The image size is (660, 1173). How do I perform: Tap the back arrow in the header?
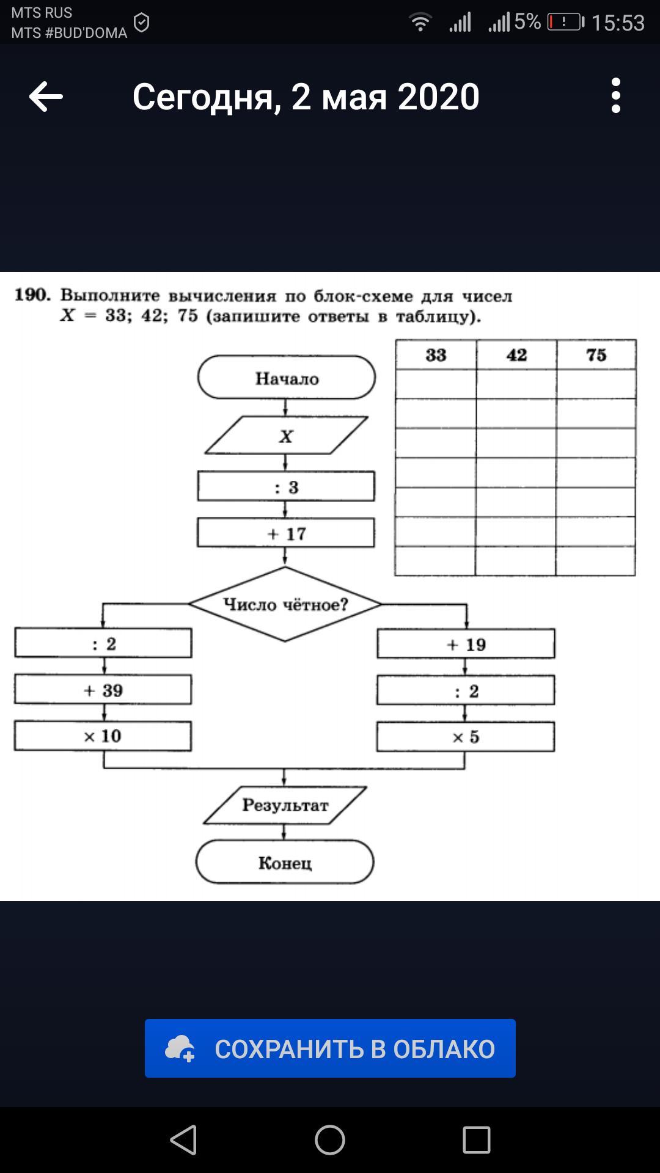point(46,97)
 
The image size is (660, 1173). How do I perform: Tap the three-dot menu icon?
point(615,95)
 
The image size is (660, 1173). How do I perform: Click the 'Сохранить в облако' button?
point(330,1048)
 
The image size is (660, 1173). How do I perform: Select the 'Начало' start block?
point(287,378)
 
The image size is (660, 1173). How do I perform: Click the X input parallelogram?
point(286,435)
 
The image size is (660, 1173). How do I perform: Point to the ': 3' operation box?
point(286,486)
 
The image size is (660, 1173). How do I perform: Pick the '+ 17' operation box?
point(286,533)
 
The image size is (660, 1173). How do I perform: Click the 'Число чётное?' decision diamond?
point(285,604)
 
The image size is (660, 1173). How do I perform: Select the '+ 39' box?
point(103,690)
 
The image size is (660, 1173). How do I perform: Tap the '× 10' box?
point(103,736)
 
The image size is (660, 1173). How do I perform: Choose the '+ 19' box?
point(466,644)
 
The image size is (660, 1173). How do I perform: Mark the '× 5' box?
point(466,737)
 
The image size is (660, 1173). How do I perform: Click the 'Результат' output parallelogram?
point(285,805)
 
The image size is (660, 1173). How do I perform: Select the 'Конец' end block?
point(285,862)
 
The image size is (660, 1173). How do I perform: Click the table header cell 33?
point(436,355)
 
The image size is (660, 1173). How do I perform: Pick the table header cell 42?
point(516,355)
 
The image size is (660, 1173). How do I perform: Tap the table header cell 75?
point(596,355)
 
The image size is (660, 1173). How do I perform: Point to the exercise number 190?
point(32,295)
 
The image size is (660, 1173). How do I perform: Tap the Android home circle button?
point(330,1140)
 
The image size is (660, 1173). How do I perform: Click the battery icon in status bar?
point(566,23)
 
